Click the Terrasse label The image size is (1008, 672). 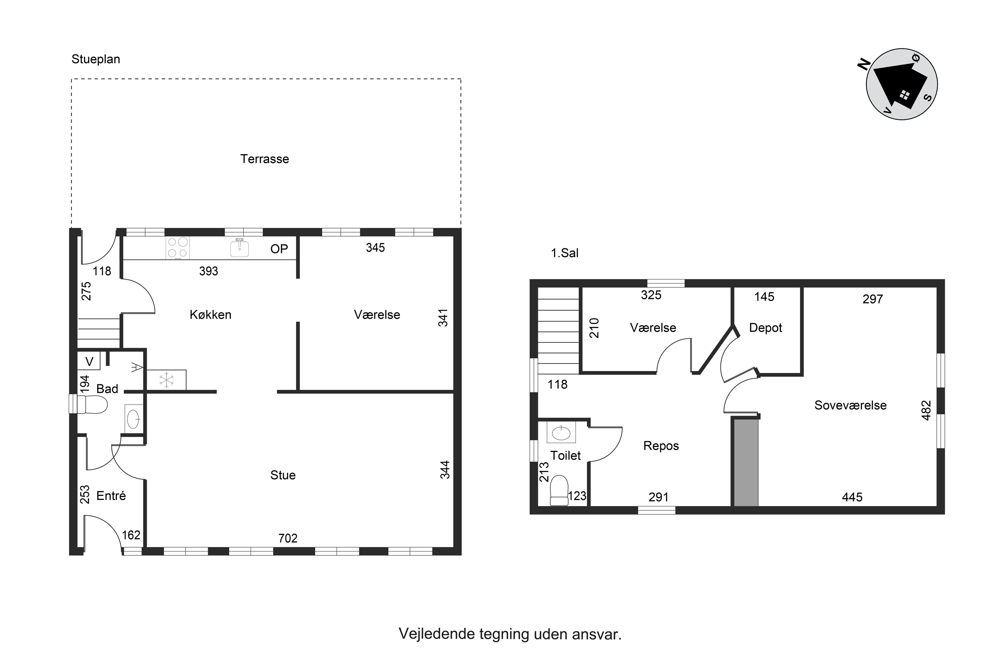pyautogui.click(x=264, y=159)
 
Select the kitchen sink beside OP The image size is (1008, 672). pyautogui.click(x=240, y=248)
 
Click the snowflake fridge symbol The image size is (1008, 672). pyautogui.click(x=166, y=380)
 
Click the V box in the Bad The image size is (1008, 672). pyautogui.click(x=89, y=361)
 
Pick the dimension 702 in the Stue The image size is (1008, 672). pyautogui.click(x=288, y=538)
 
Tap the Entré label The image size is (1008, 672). pyautogui.click(x=111, y=496)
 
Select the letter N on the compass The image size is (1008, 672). pyautogui.click(x=864, y=64)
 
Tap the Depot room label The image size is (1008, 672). pyautogui.click(x=765, y=328)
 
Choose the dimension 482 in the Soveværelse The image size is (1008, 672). pyautogui.click(x=926, y=410)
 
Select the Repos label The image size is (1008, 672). pyautogui.click(x=661, y=446)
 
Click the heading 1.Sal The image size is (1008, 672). pyautogui.click(x=564, y=253)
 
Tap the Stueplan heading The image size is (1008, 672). pyautogui.click(x=95, y=59)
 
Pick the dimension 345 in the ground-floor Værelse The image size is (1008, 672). pyautogui.click(x=375, y=248)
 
